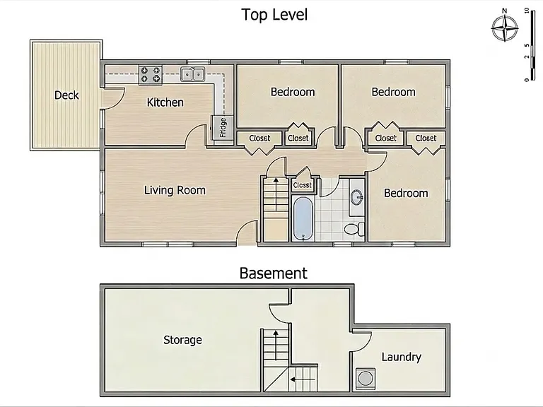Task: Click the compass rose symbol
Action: click(x=505, y=28)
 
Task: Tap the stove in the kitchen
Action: click(x=151, y=75)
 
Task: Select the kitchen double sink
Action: click(x=192, y=74)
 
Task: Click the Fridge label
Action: click(x=223, y=127)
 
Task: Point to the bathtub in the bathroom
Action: click(x=303, y=218)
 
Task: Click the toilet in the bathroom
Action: click(x=354, y=228)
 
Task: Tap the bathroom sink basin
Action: click(x=356, y=198)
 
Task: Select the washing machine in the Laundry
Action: click(x=366, y=379)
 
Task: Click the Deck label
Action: click(x=66, y=95)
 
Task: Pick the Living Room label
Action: click(x=175, y=190)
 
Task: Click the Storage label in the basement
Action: click(x=182, y=340)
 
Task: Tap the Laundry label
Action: click(x=402, y=357)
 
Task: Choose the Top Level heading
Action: click(x=274, y=15)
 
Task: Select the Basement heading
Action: click(x=273, y=273)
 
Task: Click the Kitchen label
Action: click(x=165, y=102)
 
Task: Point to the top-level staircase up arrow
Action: click(x=276, y=194)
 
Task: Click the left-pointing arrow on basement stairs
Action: click(x=303, y=379)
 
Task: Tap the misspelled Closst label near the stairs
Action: click(x=303, y=185)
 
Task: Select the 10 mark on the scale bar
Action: click(x=527, y=11)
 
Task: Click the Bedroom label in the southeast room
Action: click(x=406, y=193)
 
